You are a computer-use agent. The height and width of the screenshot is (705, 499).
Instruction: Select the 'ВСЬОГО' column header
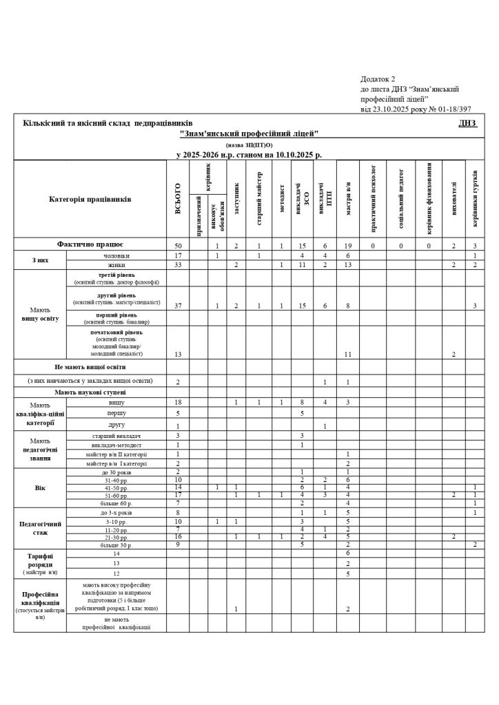pyautogui.click(x=178, y=200)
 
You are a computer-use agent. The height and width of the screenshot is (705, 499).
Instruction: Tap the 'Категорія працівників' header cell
pyautogui.click(x=90, y=200)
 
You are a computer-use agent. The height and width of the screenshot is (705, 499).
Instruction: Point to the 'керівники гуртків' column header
pyautogui.click(x=476, y=200)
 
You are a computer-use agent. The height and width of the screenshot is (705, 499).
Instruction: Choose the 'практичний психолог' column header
pyautogui.click(x=373, y=200)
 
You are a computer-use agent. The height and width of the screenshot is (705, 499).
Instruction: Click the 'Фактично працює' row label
pyautogui.click(x=90, y=244)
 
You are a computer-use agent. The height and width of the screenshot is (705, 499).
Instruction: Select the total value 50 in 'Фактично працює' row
pyautogui.click(x=178, y=246)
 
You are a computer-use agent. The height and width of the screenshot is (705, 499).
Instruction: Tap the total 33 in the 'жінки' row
pyautogui.click(x=178, y=264)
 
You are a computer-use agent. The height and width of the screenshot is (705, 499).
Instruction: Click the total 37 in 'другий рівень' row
pyautogui.click(x=178, y=305)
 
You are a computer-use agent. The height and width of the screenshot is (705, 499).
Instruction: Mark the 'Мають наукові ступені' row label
pyautogui.click(x=90, y=392)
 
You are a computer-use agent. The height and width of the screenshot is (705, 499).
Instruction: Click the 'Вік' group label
pyautogui.click(x=40, y=487)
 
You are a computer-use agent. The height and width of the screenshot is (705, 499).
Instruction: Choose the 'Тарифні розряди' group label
pyautogui.click(x=40, y=563)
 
